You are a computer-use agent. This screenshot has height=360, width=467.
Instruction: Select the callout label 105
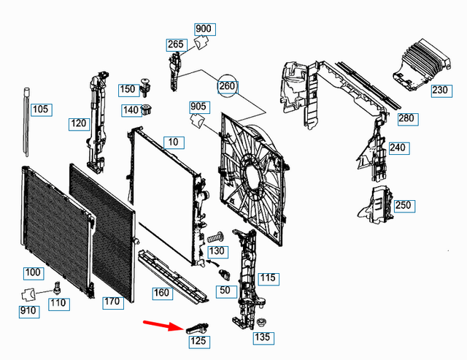point(41,110)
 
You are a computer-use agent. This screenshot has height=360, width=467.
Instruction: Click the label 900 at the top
point(204,29)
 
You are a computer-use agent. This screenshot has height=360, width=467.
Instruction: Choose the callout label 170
point(112,301)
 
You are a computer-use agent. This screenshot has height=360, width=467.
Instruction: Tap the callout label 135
point(262,338)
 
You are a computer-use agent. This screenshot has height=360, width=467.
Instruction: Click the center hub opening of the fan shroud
point(251,179)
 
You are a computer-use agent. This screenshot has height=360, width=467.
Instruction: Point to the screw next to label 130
point(214,238)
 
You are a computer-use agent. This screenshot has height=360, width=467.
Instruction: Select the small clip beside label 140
point(150,110)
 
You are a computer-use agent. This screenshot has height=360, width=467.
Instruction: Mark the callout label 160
point(161,293)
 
